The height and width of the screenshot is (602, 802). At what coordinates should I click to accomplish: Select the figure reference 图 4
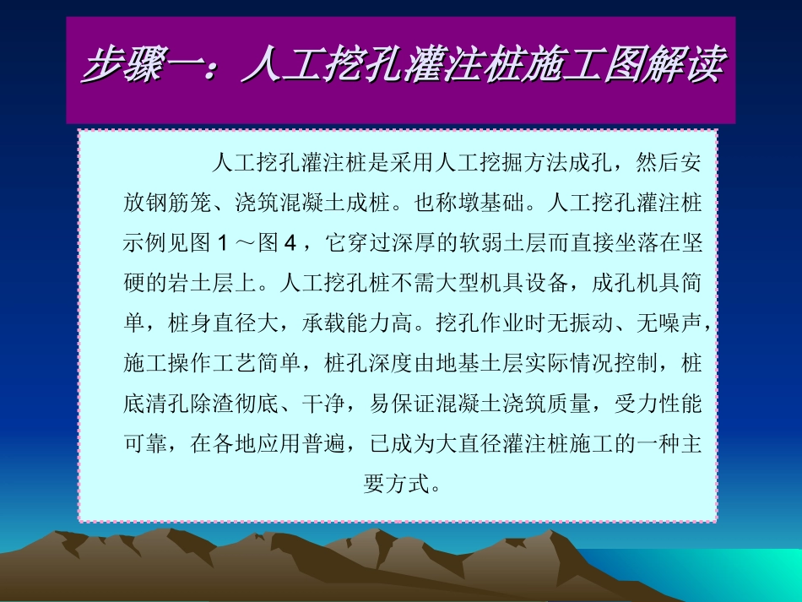tap(279, 243)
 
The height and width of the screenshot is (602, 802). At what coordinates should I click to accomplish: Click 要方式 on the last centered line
tap(395, 485)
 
